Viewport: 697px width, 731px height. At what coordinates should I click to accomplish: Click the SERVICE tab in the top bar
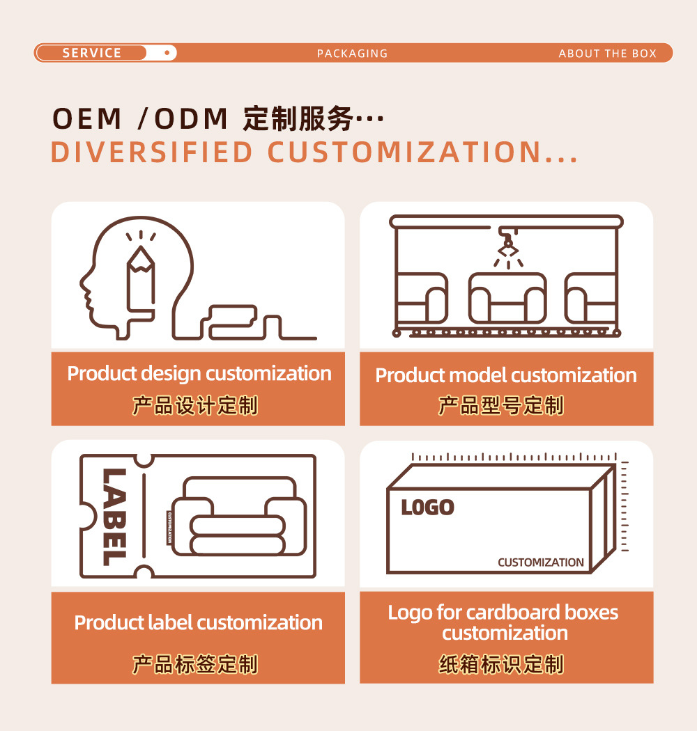point(91,53)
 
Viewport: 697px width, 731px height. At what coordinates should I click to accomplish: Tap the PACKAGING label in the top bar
point(352,54)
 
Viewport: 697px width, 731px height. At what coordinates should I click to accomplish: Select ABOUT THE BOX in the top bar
point(607,54)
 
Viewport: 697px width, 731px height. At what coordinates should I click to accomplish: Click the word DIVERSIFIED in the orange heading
point(151,152)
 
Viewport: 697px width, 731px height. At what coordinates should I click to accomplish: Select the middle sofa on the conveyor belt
point(507,299)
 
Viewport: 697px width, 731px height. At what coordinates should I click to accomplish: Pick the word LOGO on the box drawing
point(427,508)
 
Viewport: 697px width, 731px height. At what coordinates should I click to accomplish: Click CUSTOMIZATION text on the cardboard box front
point(540,563)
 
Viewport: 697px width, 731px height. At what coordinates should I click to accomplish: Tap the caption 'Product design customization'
point(199,374)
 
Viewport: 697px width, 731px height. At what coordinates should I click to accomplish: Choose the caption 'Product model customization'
point(506,376)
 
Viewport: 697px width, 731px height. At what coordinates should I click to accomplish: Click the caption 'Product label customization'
point(199,622)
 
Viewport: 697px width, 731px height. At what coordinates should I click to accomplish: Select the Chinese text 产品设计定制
point(195,405)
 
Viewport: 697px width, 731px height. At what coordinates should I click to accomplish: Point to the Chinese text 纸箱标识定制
point(500,665)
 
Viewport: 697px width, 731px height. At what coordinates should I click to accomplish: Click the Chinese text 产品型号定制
point(500,405)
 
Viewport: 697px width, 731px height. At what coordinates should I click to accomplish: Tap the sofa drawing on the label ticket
point(238,516)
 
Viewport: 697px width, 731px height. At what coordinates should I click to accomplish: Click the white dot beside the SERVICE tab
point(167,53)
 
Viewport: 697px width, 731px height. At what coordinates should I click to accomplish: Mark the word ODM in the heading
point(191,120)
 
